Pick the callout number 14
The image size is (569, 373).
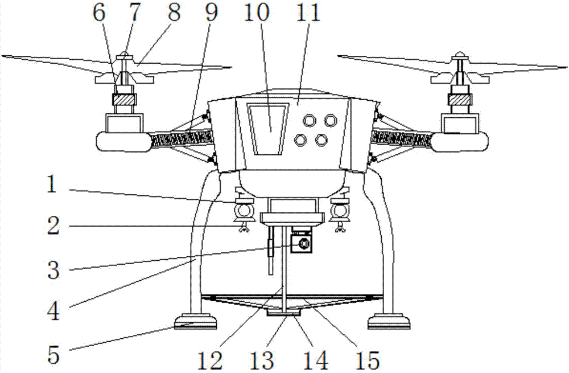[x=316, y=360]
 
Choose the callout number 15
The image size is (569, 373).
[x=366, y=360]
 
